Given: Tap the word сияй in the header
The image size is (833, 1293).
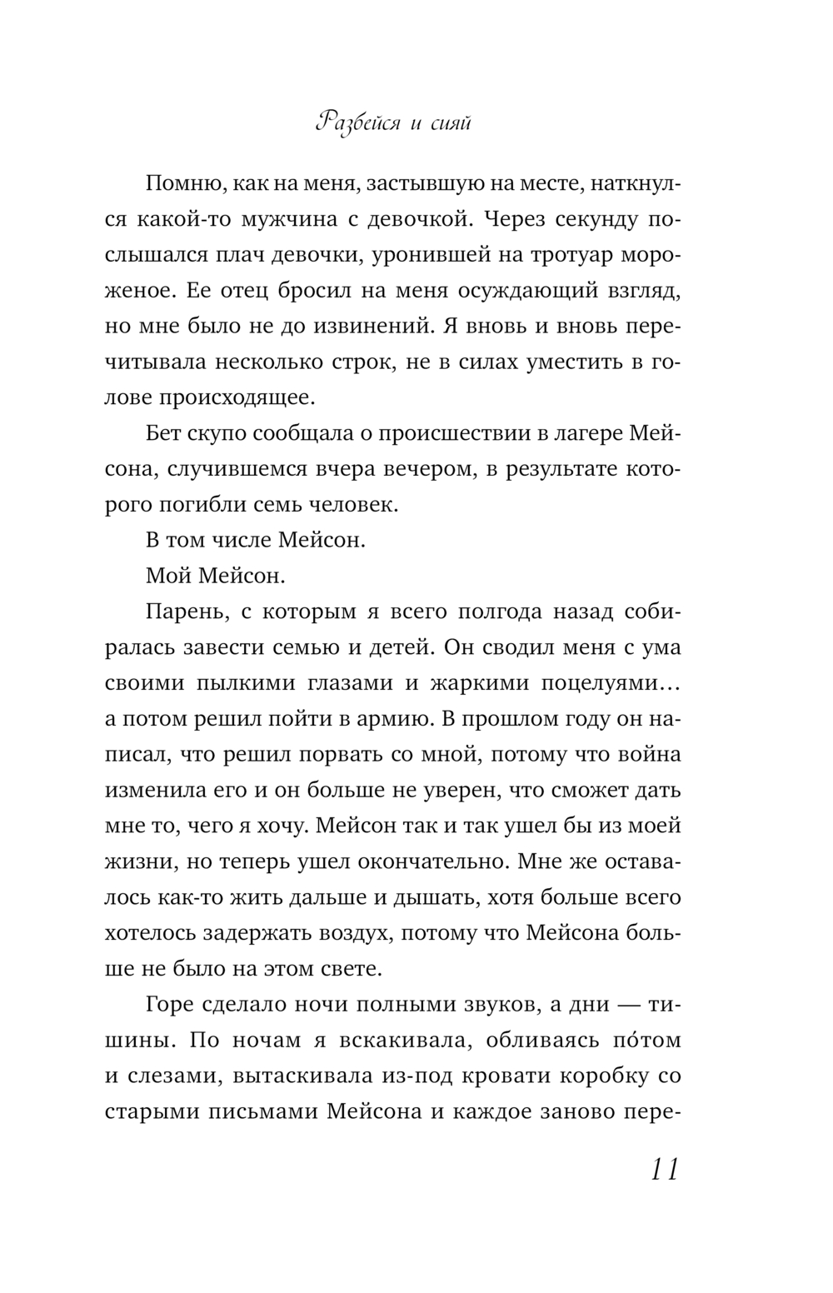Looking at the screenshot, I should pos(452,124).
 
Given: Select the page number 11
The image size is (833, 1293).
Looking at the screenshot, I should pos(662,1169).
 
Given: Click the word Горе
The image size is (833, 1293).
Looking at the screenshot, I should pos(171,1004).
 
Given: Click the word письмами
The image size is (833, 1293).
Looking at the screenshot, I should pos(269,1111).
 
